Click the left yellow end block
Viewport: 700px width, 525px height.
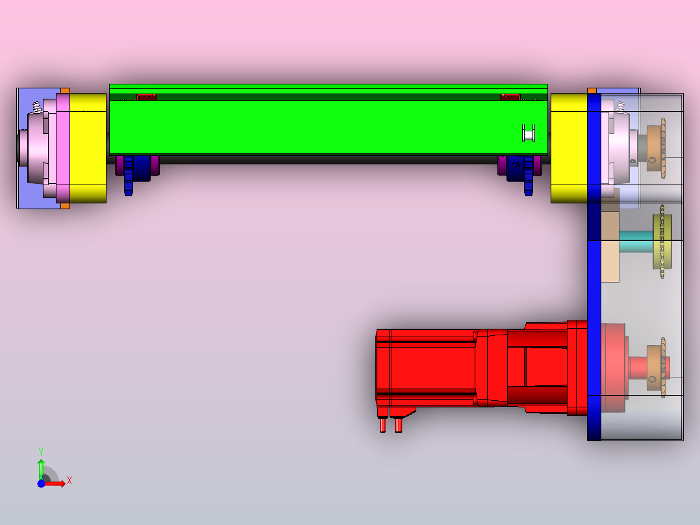click(88, 147)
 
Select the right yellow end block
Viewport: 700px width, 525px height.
click(568, 147)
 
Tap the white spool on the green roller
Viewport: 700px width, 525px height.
click(529, 133)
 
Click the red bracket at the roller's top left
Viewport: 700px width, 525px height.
click(146, 97)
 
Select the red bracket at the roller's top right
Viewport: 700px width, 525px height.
click(510, 97)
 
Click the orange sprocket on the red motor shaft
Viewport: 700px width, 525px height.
click(663, 367)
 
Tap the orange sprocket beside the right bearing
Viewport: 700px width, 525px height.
click(663, 147)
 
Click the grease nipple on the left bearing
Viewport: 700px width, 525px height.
click(37, 106)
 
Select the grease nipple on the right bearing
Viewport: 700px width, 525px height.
click(620, 106)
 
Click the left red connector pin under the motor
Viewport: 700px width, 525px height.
click(382, 425)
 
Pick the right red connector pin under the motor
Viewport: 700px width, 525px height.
click(397, 425)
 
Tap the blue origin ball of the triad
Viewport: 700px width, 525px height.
click(41, 483)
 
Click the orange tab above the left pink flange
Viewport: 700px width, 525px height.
click(65, 91)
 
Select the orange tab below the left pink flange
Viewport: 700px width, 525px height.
click(65, 206)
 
